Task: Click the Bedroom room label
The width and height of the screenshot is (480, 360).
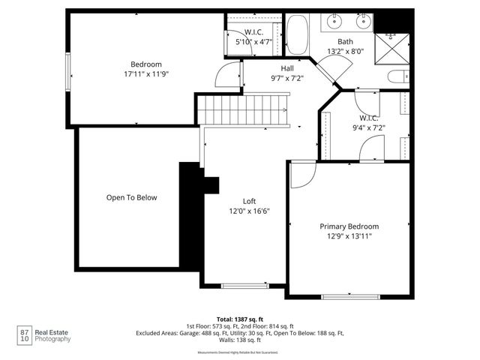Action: coord(146,64)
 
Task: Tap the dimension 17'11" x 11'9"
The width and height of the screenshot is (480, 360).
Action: coord(146,75)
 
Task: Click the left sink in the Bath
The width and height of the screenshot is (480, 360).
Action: coord(333,22)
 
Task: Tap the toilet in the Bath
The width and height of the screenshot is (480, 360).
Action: coord(397,75)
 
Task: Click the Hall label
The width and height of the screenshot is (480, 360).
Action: coord(286,67)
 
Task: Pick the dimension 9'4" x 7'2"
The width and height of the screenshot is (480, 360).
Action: coord(367,128)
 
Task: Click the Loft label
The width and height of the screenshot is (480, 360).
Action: coord(249,201)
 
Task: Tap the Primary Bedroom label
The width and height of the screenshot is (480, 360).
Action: coord(349,226)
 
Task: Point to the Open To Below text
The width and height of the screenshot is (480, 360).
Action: coord(131,198)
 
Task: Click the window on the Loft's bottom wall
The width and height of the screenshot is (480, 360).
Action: coord(244,286)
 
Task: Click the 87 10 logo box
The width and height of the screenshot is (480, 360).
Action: coord(25,335)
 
